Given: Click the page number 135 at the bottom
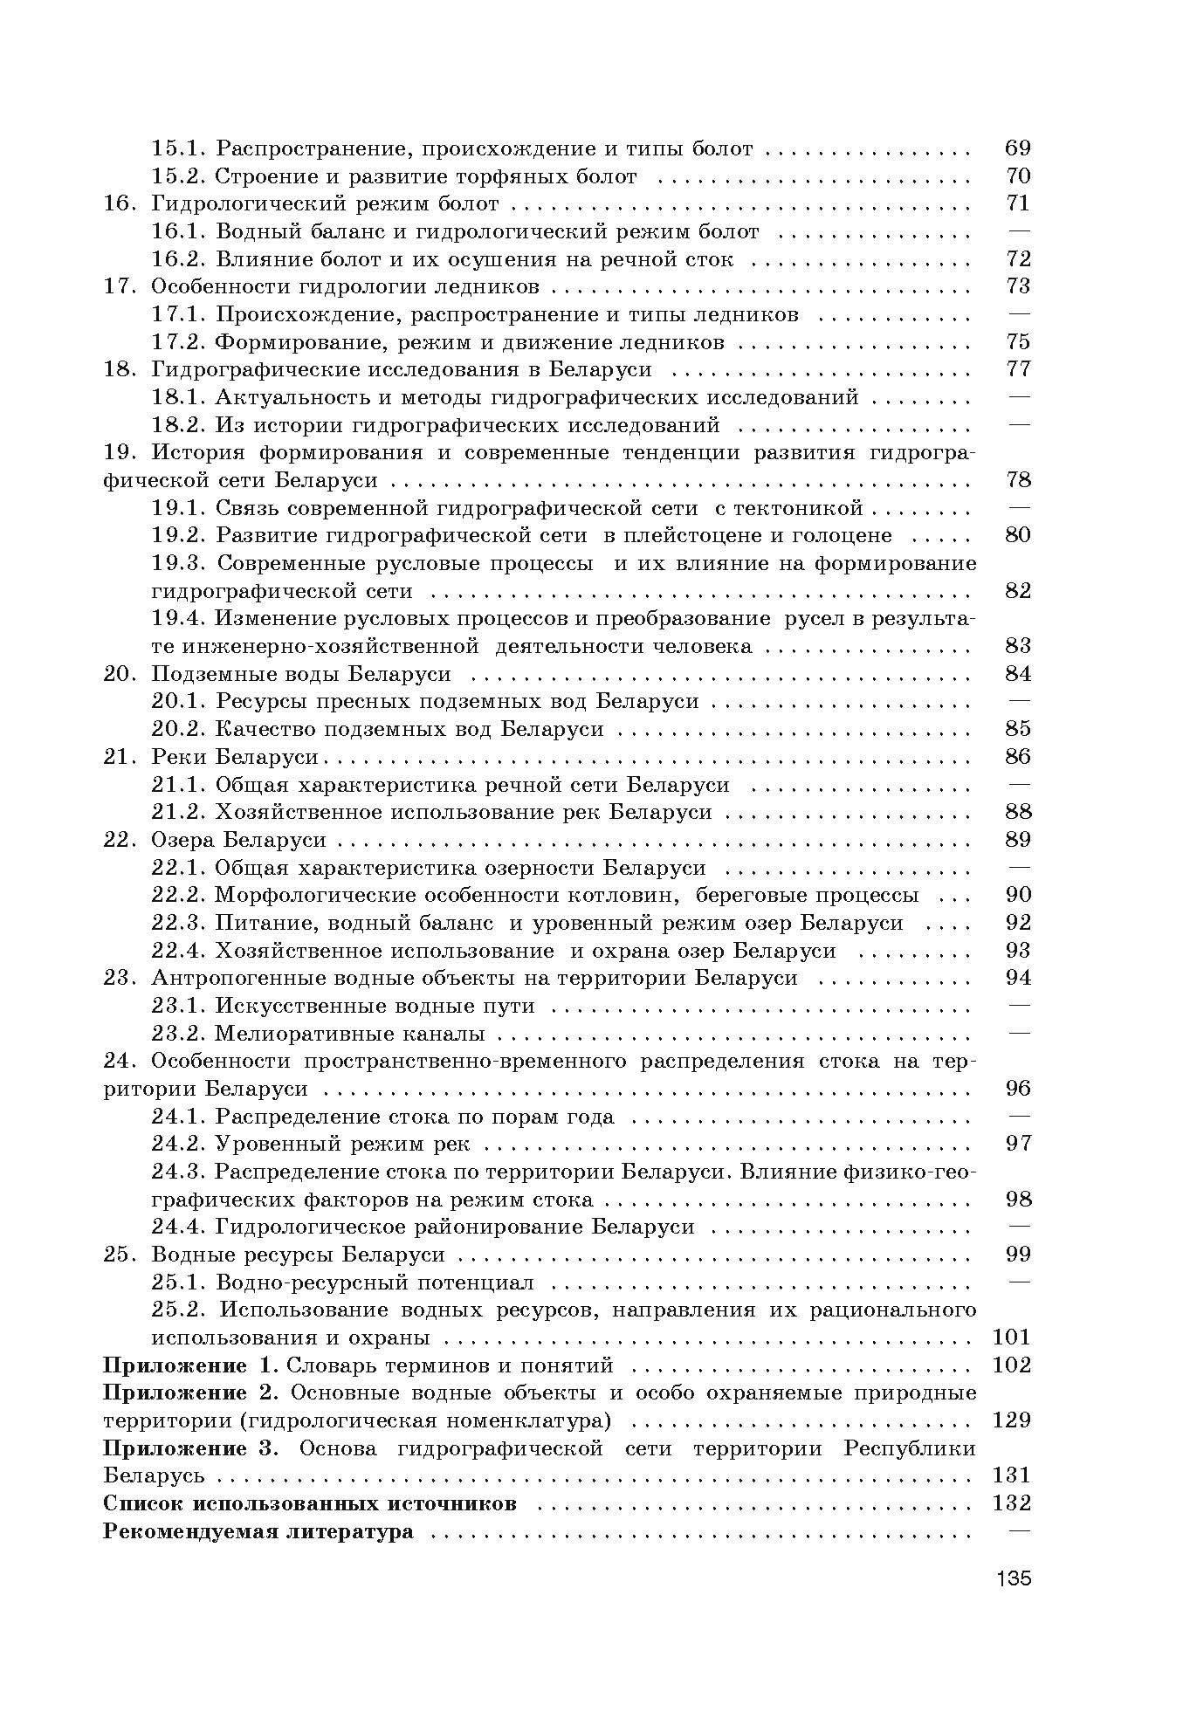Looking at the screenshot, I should point(1012,1578).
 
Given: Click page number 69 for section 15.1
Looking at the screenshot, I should point(1018,148).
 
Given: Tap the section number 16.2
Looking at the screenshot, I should point(178,259).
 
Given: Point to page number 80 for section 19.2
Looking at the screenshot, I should point(1018,535).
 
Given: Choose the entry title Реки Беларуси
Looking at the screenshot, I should point(234,756).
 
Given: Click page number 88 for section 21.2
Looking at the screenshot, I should point(1018,812).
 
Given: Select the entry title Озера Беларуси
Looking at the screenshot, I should point(238,840).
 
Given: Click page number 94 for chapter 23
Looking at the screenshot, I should point(1018,978).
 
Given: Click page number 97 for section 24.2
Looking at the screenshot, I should point(1018,1144).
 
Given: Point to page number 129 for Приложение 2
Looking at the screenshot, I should point(1012,1420).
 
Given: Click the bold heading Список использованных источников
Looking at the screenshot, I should point(310,1502).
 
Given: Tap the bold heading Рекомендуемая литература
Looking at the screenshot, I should point(258,1530).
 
